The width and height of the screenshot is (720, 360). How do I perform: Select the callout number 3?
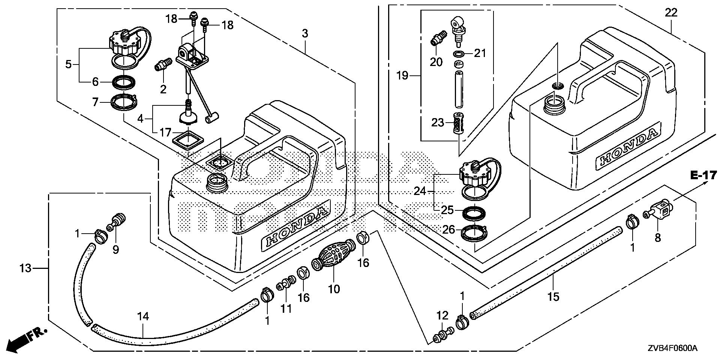point(305,34)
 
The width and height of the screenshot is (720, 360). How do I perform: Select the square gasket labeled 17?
point(187,142)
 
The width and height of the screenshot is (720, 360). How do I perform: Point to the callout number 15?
point(553,297)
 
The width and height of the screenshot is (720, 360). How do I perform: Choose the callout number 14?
point(143,317)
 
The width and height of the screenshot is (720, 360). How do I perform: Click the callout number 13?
point(25,268)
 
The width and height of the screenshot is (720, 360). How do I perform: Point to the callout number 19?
point(402,76)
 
